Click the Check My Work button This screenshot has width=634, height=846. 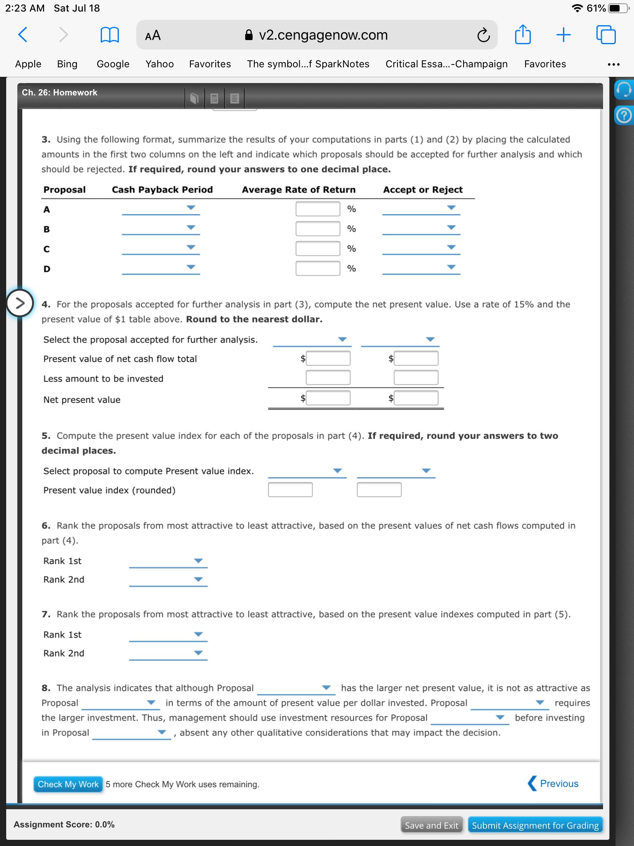68,784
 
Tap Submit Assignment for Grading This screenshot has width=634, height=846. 535,825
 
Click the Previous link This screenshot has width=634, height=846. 554,784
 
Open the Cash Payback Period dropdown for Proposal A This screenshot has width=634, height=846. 161,208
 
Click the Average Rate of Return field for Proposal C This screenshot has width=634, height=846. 317,248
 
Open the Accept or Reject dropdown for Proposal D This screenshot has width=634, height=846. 421,268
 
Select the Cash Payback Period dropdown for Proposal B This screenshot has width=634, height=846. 161,228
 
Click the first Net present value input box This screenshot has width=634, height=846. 328,398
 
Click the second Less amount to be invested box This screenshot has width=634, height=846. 416,378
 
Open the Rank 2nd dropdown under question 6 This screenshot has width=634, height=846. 168,580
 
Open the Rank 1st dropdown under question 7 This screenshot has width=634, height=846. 168,634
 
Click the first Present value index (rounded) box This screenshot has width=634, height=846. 290,490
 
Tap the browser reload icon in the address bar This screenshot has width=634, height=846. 483,35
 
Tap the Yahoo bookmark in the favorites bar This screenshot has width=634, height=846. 159,64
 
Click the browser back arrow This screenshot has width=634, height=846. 23,35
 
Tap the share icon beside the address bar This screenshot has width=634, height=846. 523,35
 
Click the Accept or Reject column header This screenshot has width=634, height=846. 423,190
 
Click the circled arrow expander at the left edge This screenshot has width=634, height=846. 19,303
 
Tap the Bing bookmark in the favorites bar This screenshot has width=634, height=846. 67,64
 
